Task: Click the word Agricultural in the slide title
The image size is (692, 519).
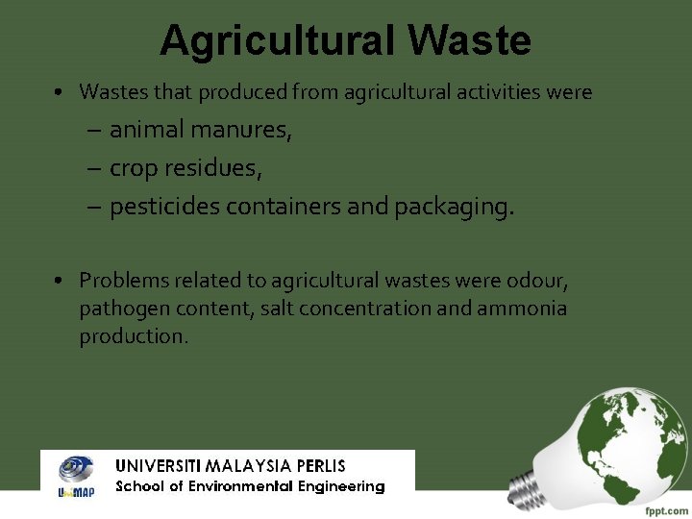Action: [x=277, y=40]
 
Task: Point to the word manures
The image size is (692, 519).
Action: [x=245, y=130]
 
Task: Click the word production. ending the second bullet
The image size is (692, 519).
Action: [x=134, y=336]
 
